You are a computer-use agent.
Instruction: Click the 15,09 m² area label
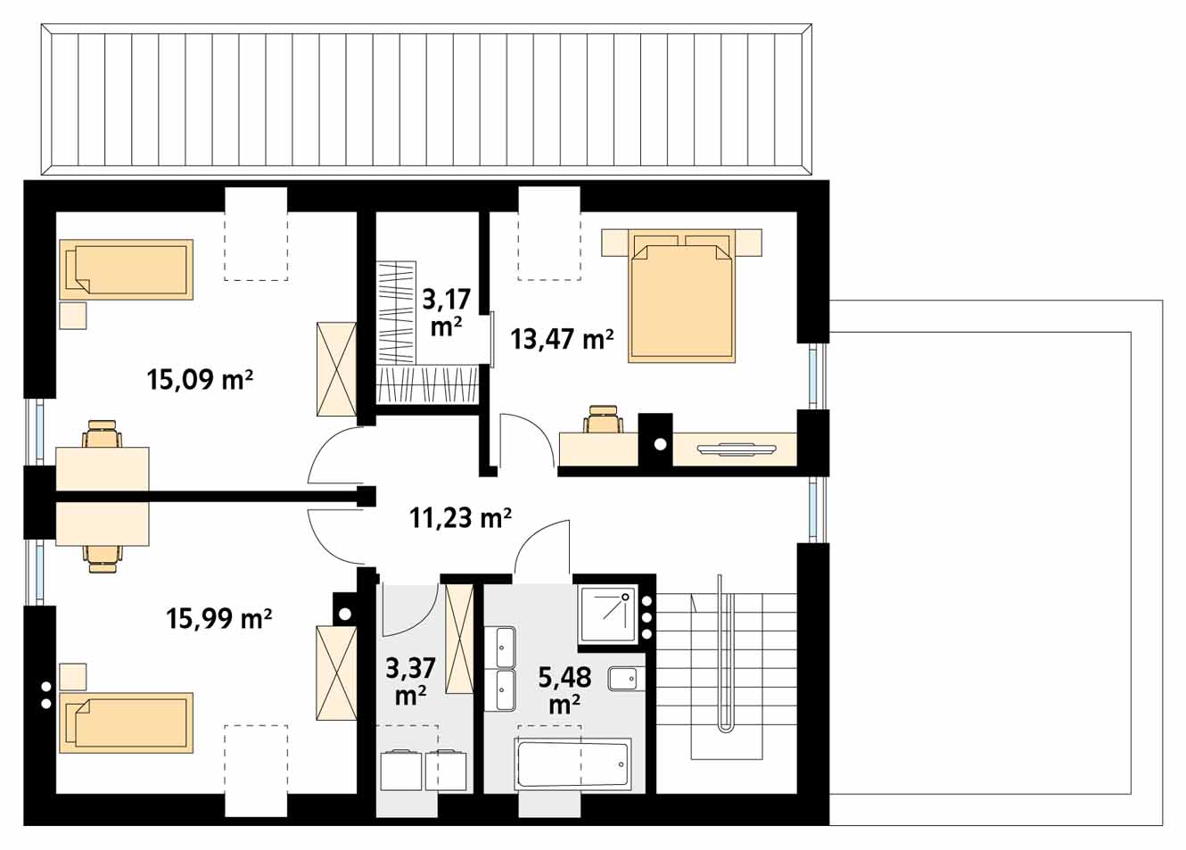pyautogui.click(x=200, y=379)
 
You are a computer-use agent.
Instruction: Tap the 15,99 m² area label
pyautogui.click(x=219, y=617)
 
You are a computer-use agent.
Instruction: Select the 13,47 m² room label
pyautogui.click(x=562, y=339)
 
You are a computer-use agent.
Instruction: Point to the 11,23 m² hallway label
pyautogui.click(x=460, y=517)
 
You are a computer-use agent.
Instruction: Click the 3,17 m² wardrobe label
pyautogui.click(x=447, y=313)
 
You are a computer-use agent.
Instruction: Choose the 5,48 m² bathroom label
pyautogui.click(x=564, y=689)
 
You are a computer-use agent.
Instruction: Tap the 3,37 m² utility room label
pyautogui.click(x=411, y=682)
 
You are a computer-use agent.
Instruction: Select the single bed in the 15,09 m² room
pyautogui.click(x=126, y=269)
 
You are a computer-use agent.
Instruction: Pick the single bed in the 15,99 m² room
pyautogui.click(x=126, y=722)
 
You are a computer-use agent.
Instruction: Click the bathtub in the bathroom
pyautogui.click(x=572, y=764)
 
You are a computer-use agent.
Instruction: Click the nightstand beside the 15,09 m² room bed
pyautogui.click(x=73, y=316)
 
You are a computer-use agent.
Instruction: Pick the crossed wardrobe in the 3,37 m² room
pyautogui.click(x=459, y=639)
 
